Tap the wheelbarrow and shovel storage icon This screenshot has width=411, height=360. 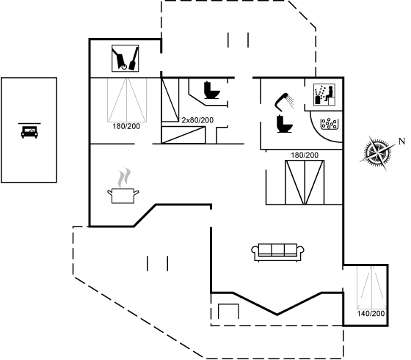point(126,58)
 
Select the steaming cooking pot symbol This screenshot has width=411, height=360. point(123,185)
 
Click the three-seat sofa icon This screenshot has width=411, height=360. point(277,252)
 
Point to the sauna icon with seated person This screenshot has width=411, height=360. point(324,95)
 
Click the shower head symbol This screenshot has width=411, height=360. point(284,102)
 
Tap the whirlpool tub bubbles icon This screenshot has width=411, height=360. point(330,124)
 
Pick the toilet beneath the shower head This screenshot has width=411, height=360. point(285,124)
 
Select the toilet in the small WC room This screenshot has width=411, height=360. point(212,90)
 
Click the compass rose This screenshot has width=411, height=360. point(377,153)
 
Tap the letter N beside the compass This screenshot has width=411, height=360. point(401,142)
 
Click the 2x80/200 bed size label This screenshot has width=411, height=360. point(197,120)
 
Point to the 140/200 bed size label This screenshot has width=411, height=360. point(371,313)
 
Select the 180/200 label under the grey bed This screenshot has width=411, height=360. point(126,126)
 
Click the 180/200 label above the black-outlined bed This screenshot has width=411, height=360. point(305,155)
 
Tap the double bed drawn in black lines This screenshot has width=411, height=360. point(305,183)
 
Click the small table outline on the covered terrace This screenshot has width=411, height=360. point(228,312)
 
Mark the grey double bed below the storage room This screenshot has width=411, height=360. point(127,100)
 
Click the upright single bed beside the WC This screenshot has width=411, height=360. point(170,100)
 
